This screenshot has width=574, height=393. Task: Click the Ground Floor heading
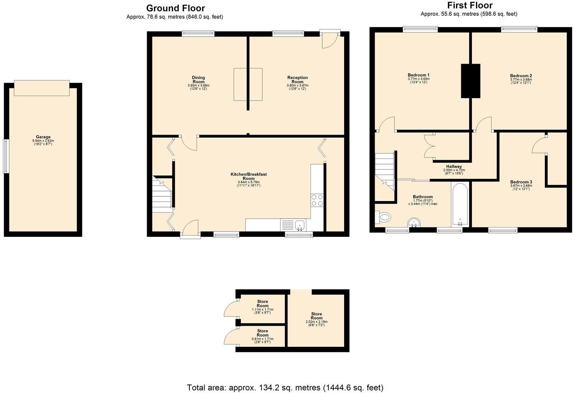pyautogui.click(x=175, y=8)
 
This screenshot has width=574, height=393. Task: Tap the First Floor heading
pyautogui.click(x=469, y=5)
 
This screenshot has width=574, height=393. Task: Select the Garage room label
pyautogui.click(x=43, y=137)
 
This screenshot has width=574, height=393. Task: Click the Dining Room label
pyautogui.click(x=198, y=79)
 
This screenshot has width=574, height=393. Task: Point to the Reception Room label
pyautogui.click(x=297, y=79)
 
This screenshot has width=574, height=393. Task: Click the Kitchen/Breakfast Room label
pyautogui.click(x=248, y=176)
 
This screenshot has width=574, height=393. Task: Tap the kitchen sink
pyautogui.click(x=300, y=224)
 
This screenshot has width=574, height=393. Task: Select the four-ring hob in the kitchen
pyautogui.click(x=317, y=200)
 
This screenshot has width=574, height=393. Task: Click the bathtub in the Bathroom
pyautogui.click(x=460, y=204)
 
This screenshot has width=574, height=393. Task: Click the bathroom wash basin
pyautogui.click(x=414, y=223)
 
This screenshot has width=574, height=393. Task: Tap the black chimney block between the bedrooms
pyautogui.click(x=470, y=81)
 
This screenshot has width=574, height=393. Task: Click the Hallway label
pyautogui.click(x=454, y=167)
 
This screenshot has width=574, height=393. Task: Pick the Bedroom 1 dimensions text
pyautogui.click(x=418, y=80)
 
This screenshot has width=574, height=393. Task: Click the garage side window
pyautogui.click(x=6, y=156)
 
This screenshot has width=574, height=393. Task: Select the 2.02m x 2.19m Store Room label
pyautogui.click(x=316, y=316)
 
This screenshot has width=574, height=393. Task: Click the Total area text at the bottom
pyautogui.click(x=285, y=387)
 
